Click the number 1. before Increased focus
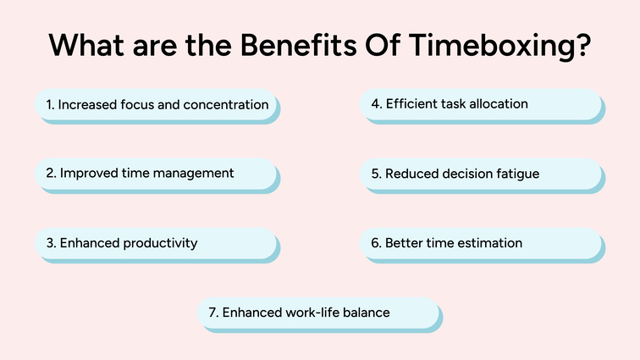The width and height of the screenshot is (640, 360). (50, 105)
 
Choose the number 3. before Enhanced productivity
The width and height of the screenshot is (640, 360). (51, 243)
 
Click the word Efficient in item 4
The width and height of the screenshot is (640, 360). (413, 104)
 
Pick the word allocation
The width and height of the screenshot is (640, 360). (498, 104)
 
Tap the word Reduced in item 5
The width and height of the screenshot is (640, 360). (411, 174)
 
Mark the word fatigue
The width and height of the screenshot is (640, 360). (516, 174)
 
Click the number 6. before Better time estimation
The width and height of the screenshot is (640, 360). (377, 243)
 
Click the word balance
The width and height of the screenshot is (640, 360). (367, 313)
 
